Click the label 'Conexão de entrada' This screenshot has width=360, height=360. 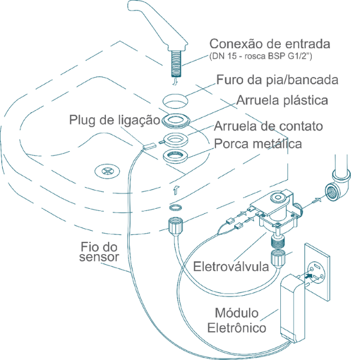(261, 44)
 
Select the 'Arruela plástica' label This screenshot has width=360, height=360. (282, 100)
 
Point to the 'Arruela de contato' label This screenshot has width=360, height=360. (268, 126)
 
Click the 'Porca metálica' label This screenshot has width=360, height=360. (258, 144)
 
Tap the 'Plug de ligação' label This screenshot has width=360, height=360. (115, 120)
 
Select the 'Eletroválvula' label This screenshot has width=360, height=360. (231, 267)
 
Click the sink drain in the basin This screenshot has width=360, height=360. (105, 170)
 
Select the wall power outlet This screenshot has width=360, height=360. (316, 274)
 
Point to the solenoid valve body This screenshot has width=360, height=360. (277, 213)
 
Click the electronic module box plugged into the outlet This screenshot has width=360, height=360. (292, 307)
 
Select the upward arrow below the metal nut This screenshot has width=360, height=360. (176, 190)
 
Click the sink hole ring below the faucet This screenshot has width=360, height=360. (176, 101)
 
